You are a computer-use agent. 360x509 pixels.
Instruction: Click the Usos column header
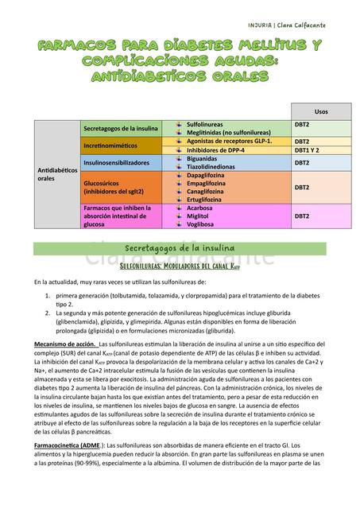click(x=321, y=111)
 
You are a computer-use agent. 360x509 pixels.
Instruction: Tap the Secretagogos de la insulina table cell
click(x=121, y=129)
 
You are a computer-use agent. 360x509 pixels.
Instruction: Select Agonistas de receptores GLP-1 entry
click(x=229, y=141)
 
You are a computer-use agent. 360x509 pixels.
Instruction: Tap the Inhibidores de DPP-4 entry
click(x=215, y=150)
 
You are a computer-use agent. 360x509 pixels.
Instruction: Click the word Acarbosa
click(x=202, y=208)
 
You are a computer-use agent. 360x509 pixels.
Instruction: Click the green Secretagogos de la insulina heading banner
click(x=180, y=248)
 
